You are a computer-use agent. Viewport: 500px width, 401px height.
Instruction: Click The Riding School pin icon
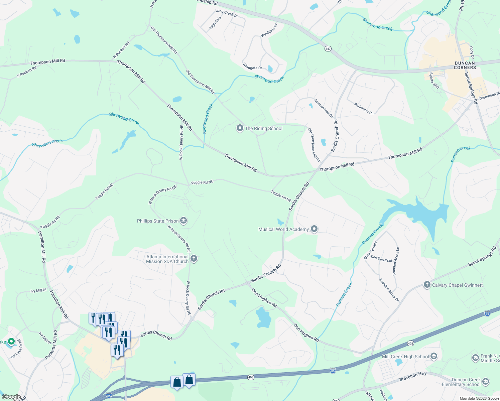pyautogui.click(x=240, y=128)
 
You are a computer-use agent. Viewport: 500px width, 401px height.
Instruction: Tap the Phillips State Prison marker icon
pyautogui.click(x=183, y=221)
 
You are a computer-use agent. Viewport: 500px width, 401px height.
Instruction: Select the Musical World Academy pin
pyautogui.click(x=314, y=229)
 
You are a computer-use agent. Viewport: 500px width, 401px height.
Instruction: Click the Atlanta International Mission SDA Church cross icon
pyautogui.click(x=194, y=259)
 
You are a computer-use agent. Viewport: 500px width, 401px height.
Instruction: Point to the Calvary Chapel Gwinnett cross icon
pyautogui.click(x=427, y=285)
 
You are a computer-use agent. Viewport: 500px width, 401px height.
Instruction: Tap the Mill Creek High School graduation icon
pyautogui.click(x=434, y=357)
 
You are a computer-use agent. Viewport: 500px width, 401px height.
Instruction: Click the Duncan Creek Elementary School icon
pyautogui.click(x=486, y=382)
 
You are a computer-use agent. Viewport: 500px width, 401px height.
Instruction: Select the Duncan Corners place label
pyautogui.click(x=465, y=65)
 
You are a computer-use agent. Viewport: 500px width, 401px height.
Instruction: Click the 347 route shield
pyautogui.click(x=328, y=49)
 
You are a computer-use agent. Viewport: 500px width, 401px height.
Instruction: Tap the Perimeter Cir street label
pyautogui.click(x=364, y=109)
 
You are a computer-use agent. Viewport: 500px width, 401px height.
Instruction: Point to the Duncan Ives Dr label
pyautogui.click(x=324, y=108)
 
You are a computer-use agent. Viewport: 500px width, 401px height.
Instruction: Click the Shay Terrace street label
pyautogui.click(x=370, y=250)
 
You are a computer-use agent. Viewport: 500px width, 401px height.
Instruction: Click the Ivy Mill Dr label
pyautogui.click(x=38, y=291)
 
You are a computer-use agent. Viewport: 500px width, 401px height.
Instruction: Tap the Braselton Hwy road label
pyautogui.click(x=413, y=377)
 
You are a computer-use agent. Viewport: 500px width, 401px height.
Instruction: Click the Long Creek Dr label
pyautogui.click(x=227, y=13)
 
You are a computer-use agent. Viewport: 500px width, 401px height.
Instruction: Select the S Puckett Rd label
pyautogui.click(x=27, y=72)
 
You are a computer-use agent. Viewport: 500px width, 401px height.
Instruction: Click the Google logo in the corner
pyautogui.click(x=11, y=397)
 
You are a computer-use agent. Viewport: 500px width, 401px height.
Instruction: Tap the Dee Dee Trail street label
pyautogui.click(x=381, y=259)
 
